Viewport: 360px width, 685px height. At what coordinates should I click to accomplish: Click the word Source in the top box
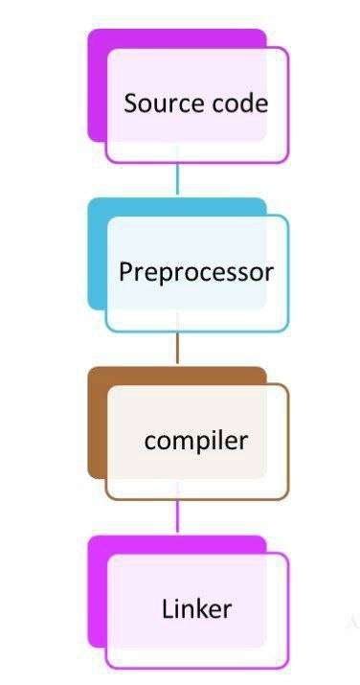156,103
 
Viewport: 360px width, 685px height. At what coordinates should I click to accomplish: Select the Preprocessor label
195,272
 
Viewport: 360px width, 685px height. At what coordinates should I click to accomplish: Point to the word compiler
195,441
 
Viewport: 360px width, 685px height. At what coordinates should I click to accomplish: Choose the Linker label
196,608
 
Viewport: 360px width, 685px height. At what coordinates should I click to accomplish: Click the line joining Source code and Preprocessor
177,179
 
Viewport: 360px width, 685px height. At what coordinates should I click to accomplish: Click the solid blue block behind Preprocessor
97,254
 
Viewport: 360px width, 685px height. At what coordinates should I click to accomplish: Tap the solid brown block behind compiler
97,422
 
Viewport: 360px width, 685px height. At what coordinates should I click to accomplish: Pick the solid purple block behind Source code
97,86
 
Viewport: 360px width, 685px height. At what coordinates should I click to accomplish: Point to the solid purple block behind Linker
97,589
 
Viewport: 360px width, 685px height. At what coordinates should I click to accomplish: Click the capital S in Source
130,103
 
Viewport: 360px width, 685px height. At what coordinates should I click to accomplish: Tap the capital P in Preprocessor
124,272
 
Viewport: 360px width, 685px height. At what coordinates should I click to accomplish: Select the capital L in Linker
167,608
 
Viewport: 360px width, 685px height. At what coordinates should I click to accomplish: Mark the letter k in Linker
203,608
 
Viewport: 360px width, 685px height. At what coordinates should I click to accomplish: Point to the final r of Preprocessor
269,273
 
